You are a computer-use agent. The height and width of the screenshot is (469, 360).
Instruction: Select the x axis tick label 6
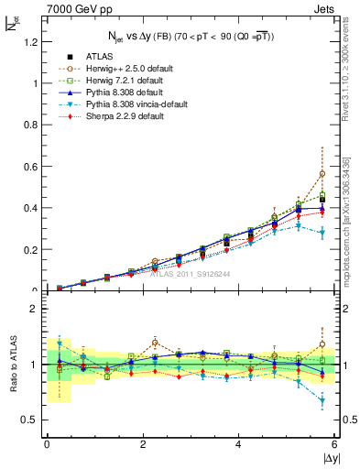tap(335, 444)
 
